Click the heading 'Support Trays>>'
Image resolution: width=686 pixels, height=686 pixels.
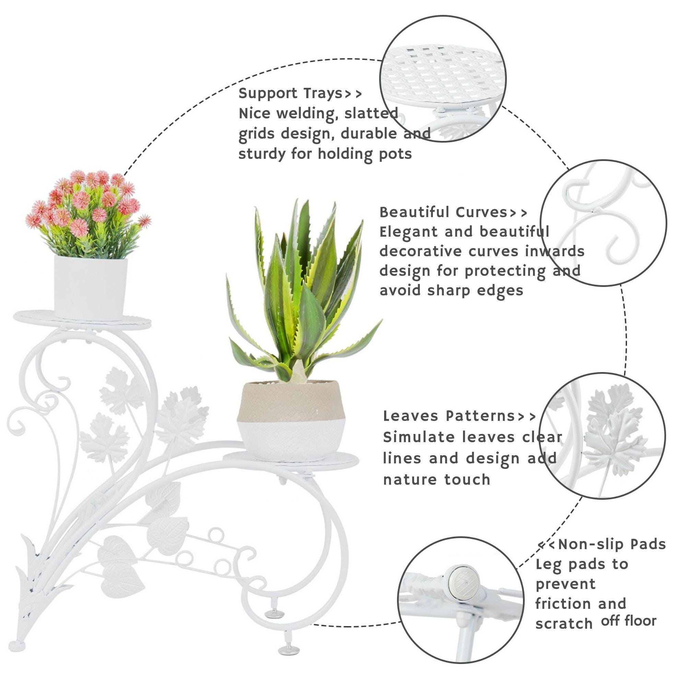coord(300,93)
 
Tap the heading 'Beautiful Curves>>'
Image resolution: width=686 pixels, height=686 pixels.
coord(453,212)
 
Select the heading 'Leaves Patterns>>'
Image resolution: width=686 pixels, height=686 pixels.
coord(460,416)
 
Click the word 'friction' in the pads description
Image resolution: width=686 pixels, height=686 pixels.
coord(562,604)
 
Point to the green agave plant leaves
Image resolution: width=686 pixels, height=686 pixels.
coord(302,291)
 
